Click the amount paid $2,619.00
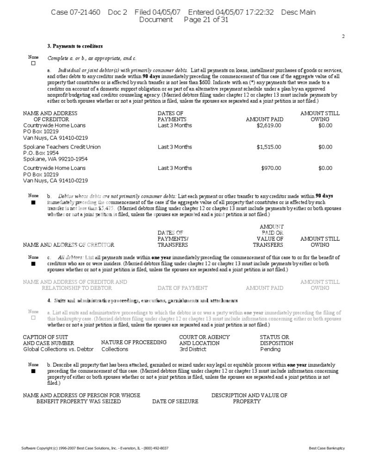click(x=268, y=125)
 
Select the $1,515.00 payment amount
click(x=268, y=147)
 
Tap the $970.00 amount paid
click(x=271, y=168)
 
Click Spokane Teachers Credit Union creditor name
click(x=62, y=147)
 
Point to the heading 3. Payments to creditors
click(x=75, y=46)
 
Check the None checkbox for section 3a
click(x=33, y=63)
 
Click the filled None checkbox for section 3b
click(x=33, y=202)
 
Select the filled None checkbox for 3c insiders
click(x=33, y=263)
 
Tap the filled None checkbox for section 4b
click(x=33, y=371)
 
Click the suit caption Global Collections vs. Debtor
click(x=58, y=349)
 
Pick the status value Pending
click(x=270, y=349)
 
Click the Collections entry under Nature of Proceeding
click(x=115, y=349)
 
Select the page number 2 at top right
click(x=343, y=37)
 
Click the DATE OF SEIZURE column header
click(x=175, y=401)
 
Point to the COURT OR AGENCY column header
click(x=204, y=337)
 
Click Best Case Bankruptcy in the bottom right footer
click(x=327, y=448)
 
